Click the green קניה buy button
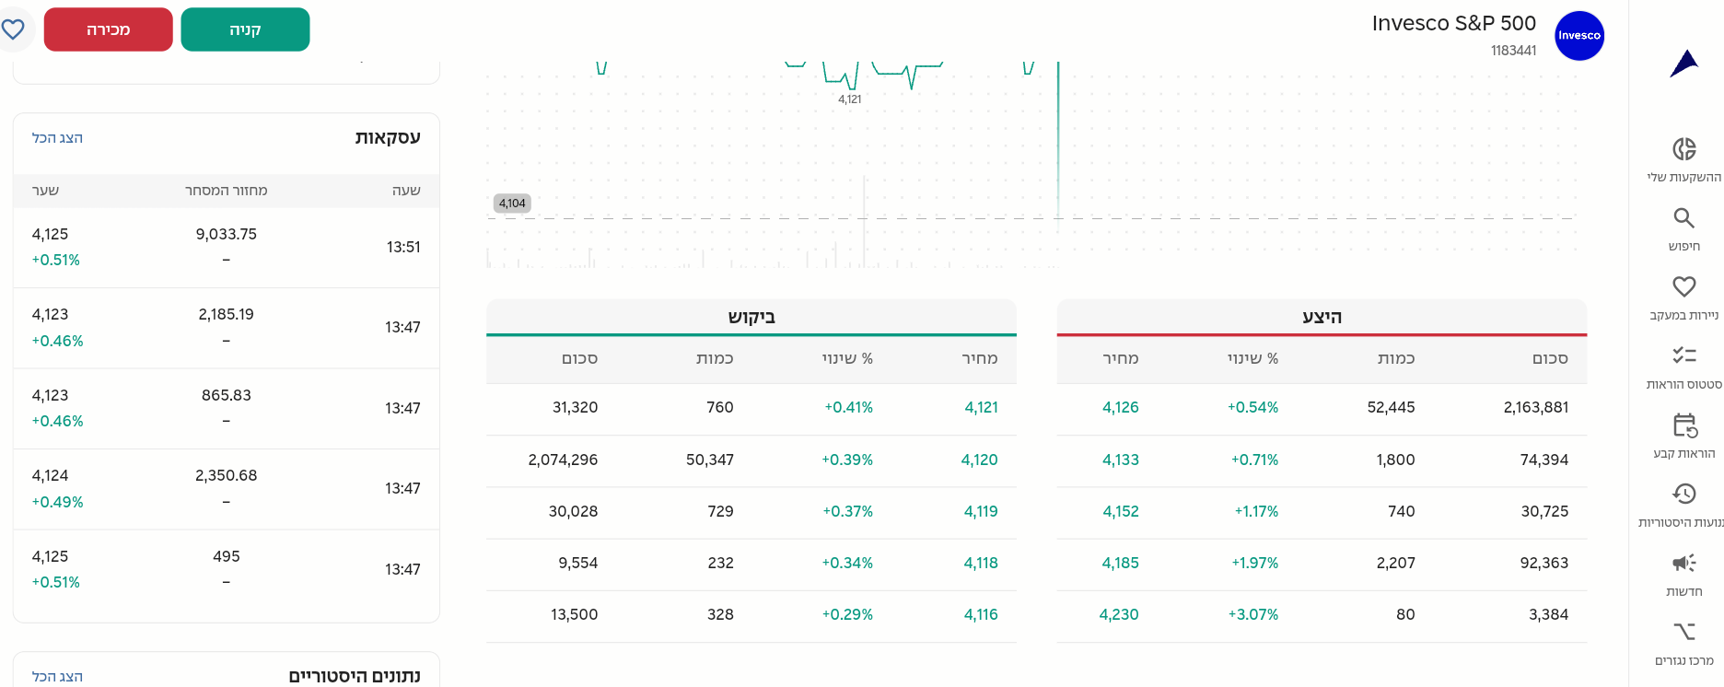[x=245, y=29]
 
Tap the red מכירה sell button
[x=108, y=29]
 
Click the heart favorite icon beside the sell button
[x=13, y=29]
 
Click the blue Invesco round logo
[x=1578, y=36]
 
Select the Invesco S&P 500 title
[x=1453, y=23]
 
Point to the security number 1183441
[x=1513, y=51]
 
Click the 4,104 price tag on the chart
[x=512, y=204]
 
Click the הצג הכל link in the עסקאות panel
[x=57, y=138]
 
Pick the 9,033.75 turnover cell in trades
[x=226, y=234]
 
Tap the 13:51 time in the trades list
[x=403, y=247]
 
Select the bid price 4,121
[x=981, y=407]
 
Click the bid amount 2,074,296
[x=563, y=460]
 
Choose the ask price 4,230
[x=1119, y=614]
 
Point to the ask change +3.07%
[x=1252, y=614]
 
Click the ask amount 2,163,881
[x=1535, y=407]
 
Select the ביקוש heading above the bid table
[x=751, y=317]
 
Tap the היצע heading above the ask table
[x=1322, y=317]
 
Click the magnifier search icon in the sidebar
[x=1683, y=218]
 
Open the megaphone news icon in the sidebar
[x=1683, y=563]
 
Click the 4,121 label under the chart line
[x=849, y=99]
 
